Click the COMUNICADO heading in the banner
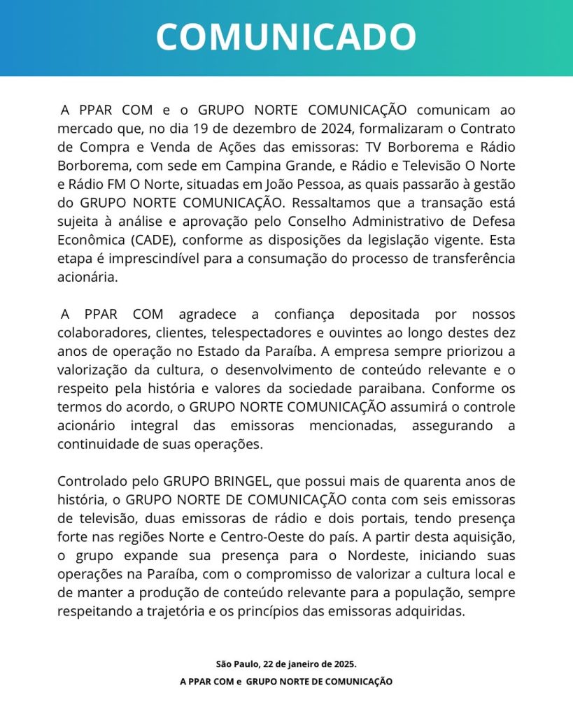pos(286,37)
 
